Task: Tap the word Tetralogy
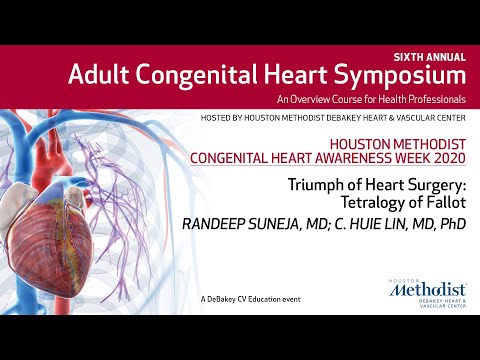(380, 201)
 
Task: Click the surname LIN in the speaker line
(396, 225)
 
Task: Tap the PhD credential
(451, 225)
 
